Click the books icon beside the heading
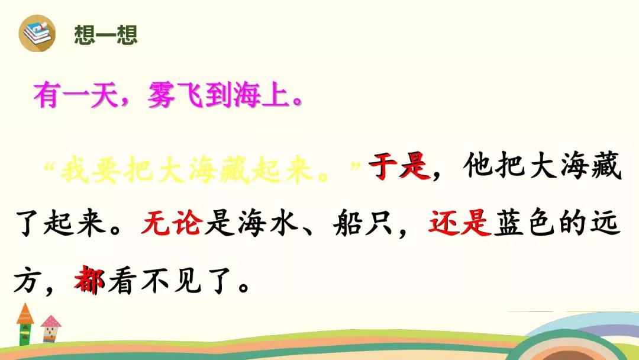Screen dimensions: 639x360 tap(37, 33)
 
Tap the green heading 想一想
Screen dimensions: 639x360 tap(106, 34)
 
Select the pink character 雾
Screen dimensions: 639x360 tap(162, 95)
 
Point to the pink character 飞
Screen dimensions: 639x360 tap(190, 95)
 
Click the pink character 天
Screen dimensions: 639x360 tap(104, 95)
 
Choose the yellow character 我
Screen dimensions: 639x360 tap(75, 169)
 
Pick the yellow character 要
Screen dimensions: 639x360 tap(106, 169)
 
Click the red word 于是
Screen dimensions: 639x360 tap(400, 166)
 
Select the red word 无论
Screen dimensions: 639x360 tap(172, 223)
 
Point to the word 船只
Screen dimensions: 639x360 tap(363, 223)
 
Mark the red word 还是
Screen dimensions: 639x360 tap(459, 223)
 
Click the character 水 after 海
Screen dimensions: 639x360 tap(285, 223)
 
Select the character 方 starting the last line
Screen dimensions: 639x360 tap(27, 280)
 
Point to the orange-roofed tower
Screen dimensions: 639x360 tap(25, 324)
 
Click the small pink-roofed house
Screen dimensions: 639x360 tap(50, 329)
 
